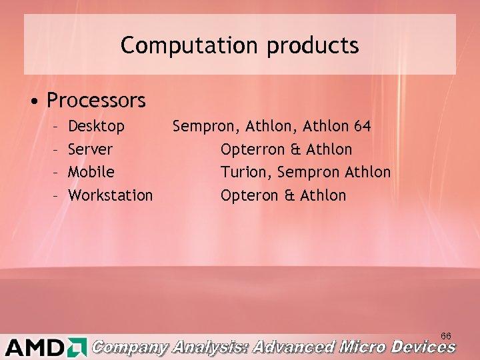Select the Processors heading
96,101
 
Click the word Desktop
97,126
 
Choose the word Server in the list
91,149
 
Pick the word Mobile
91,172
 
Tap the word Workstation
111,195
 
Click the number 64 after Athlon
361,126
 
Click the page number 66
446,335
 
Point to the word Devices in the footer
423,347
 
